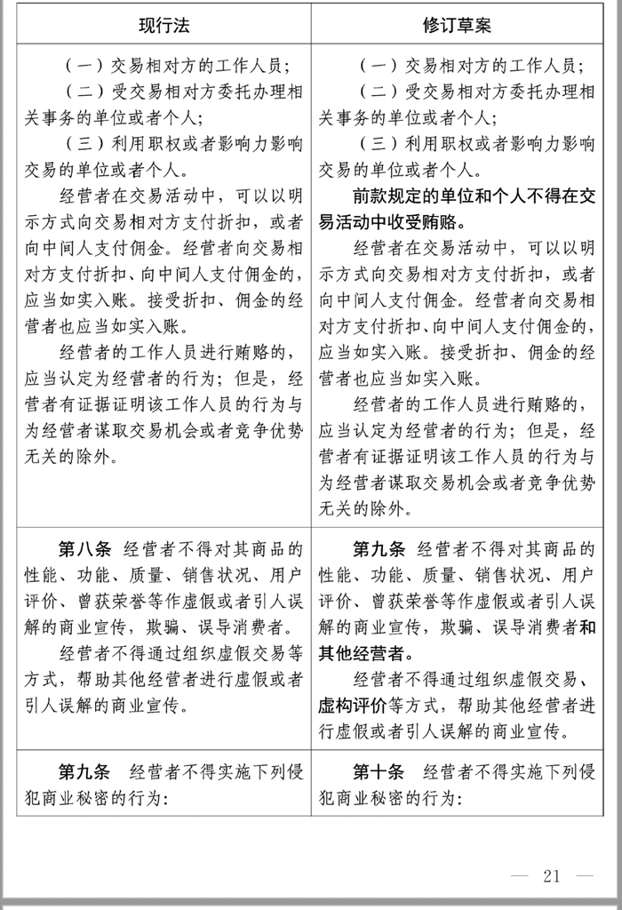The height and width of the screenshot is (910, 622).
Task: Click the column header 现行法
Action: (x=164, y=25)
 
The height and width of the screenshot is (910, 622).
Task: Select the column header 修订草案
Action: (x=457, y=25)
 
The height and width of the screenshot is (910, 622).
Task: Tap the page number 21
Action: (x=551, y=876)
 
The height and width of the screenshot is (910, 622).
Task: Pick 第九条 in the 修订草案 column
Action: (x=377, y=548)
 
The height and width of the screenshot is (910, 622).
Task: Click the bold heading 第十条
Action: (x=377, y=770)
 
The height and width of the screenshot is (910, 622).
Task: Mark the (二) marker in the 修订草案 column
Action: (x=377, y=92)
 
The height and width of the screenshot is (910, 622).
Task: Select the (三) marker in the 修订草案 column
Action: (x=377, y=144)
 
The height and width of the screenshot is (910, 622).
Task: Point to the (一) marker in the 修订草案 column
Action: (x=377, y=66)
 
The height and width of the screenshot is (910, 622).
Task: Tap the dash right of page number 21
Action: (x=584, y=876)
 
